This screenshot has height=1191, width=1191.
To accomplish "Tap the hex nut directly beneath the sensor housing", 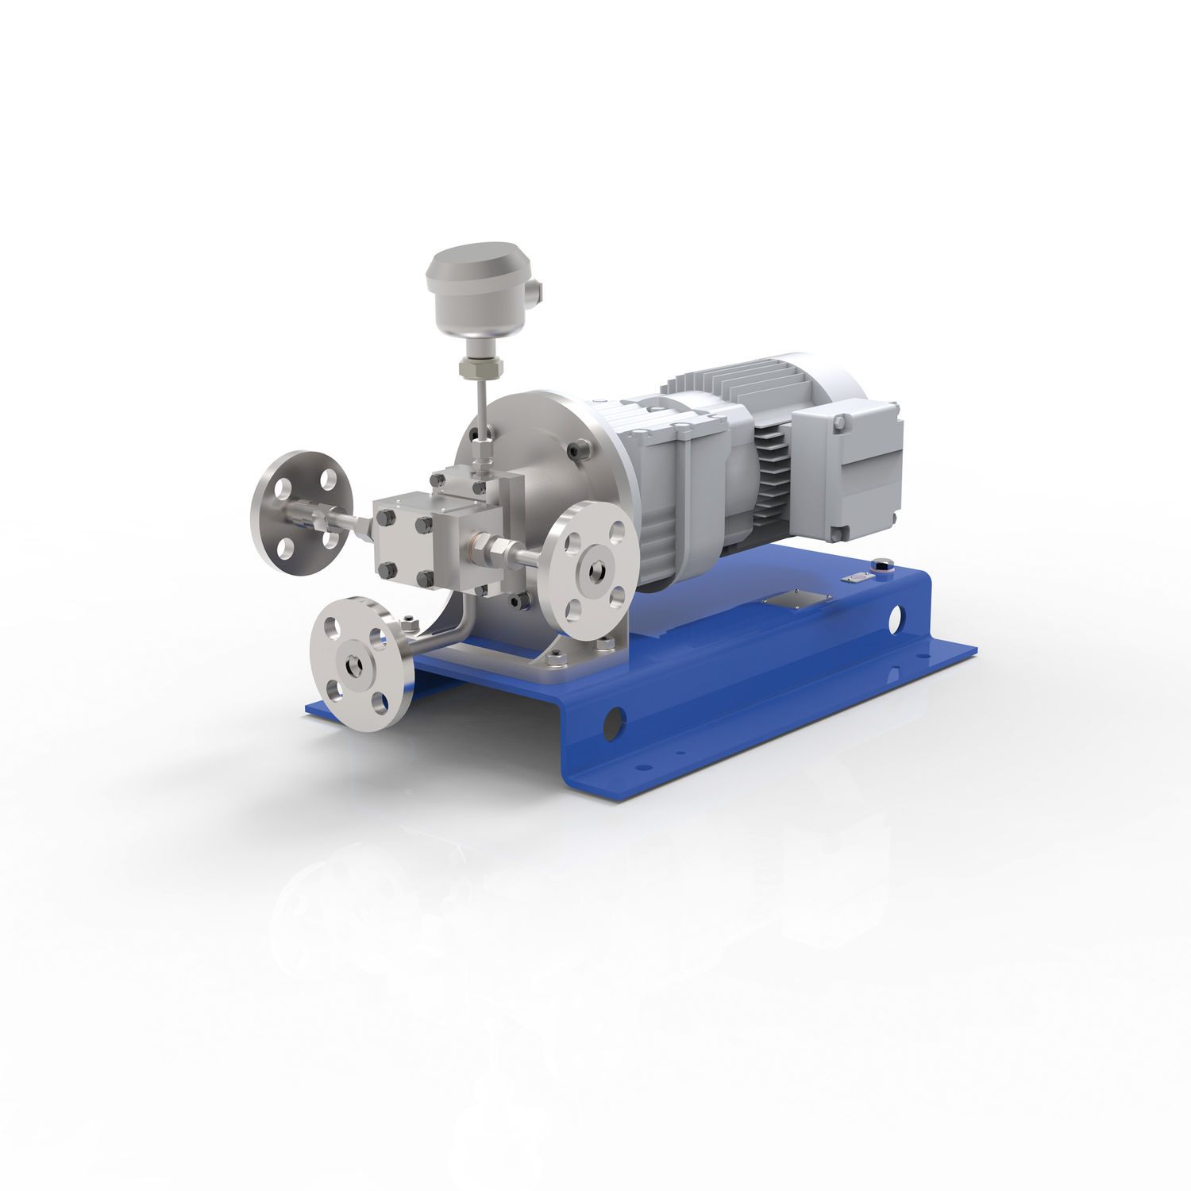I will tap(480, 368).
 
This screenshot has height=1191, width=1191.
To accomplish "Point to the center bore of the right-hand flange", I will tap(595, 570).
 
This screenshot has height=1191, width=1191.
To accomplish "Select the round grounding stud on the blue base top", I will tap(883, 565).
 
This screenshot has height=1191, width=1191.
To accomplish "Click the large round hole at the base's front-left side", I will tap(613, 723).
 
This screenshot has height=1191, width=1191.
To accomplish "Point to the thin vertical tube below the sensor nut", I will tap(482, 413).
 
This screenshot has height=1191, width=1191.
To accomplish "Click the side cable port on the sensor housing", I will tap(538, 291).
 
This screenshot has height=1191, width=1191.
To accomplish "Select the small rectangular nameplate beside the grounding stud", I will tap(854, 578).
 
